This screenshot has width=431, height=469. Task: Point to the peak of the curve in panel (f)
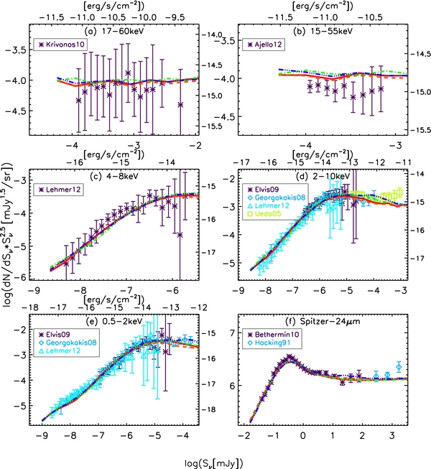coord(289,357)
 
